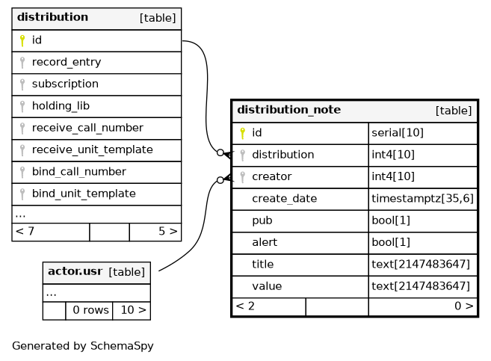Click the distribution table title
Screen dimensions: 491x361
pyautogui.click(x=52, y=17)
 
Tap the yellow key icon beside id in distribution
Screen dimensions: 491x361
pyautogui.click(x=22, y=40)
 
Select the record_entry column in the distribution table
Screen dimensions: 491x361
pyautogui.click(x=67, y=62)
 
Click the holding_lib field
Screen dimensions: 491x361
pyautogui.click(x=61, y=106)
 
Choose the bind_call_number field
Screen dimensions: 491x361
pyautogui.click(x=79, y=172)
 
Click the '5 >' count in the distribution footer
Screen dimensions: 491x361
pyautogui.click(x=168, y=232)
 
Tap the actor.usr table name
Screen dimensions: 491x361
pyautogui.click(x=75, y=271)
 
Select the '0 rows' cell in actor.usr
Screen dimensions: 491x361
pyautogui.click(x=91, y=310)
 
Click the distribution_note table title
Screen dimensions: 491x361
pyautogui.click(x=288, y=110)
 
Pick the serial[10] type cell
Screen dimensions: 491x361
pyautogui.click(x=398, y=133)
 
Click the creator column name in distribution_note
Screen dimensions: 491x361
pyautogui.click(x=272, y=176)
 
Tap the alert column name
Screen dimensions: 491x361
pyautogui.click(x=265, y=242)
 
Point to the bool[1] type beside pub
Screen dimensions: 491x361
pyautogui.click(x=391, y=220)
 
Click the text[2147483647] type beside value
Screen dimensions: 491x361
pyautogui.click(x=421, y=286)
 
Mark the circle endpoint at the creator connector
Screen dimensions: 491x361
pyautogui.click(x=220, y=180)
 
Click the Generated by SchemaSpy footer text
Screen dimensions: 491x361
pyautogui.click(x=83, y=346)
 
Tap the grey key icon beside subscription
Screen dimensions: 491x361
pyautogui.click(x=22, y=84)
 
